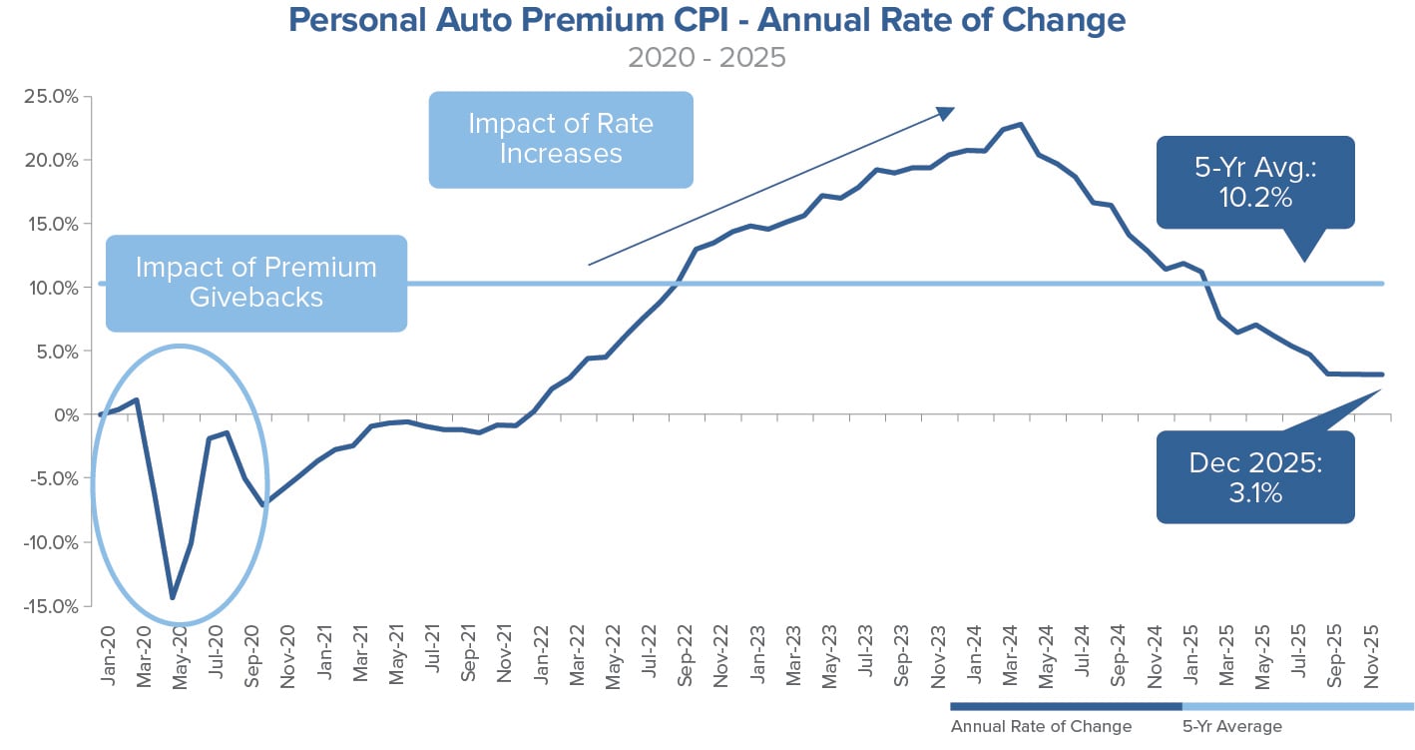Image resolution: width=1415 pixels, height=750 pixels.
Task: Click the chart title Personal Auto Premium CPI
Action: (x=707, y=20)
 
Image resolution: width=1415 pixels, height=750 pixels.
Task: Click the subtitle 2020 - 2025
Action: (x=707, y=57)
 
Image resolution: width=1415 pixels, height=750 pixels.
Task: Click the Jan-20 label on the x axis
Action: (x=108, y=655)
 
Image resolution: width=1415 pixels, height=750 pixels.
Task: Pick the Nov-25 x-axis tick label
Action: (x=1375, y=655)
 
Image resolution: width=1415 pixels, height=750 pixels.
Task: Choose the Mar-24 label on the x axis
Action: (x=1012, y=655)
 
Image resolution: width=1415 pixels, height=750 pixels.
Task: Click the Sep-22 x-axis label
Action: (x=686, y=655)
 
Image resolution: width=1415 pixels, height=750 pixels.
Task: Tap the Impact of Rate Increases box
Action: (x=560, y=139)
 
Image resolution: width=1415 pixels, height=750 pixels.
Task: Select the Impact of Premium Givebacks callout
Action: (x=256, y=283)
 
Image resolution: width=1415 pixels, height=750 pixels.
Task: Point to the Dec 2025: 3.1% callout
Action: (x=1254, y=476)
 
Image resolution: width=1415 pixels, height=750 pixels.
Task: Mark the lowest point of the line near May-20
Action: (x=173, y=598)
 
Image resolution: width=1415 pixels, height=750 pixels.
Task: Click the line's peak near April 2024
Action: (x=1020, y=125)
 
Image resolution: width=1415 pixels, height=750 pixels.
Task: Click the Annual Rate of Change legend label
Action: (x=1041, y=726)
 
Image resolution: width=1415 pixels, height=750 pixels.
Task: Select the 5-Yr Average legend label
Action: (x=1230, y=726)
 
